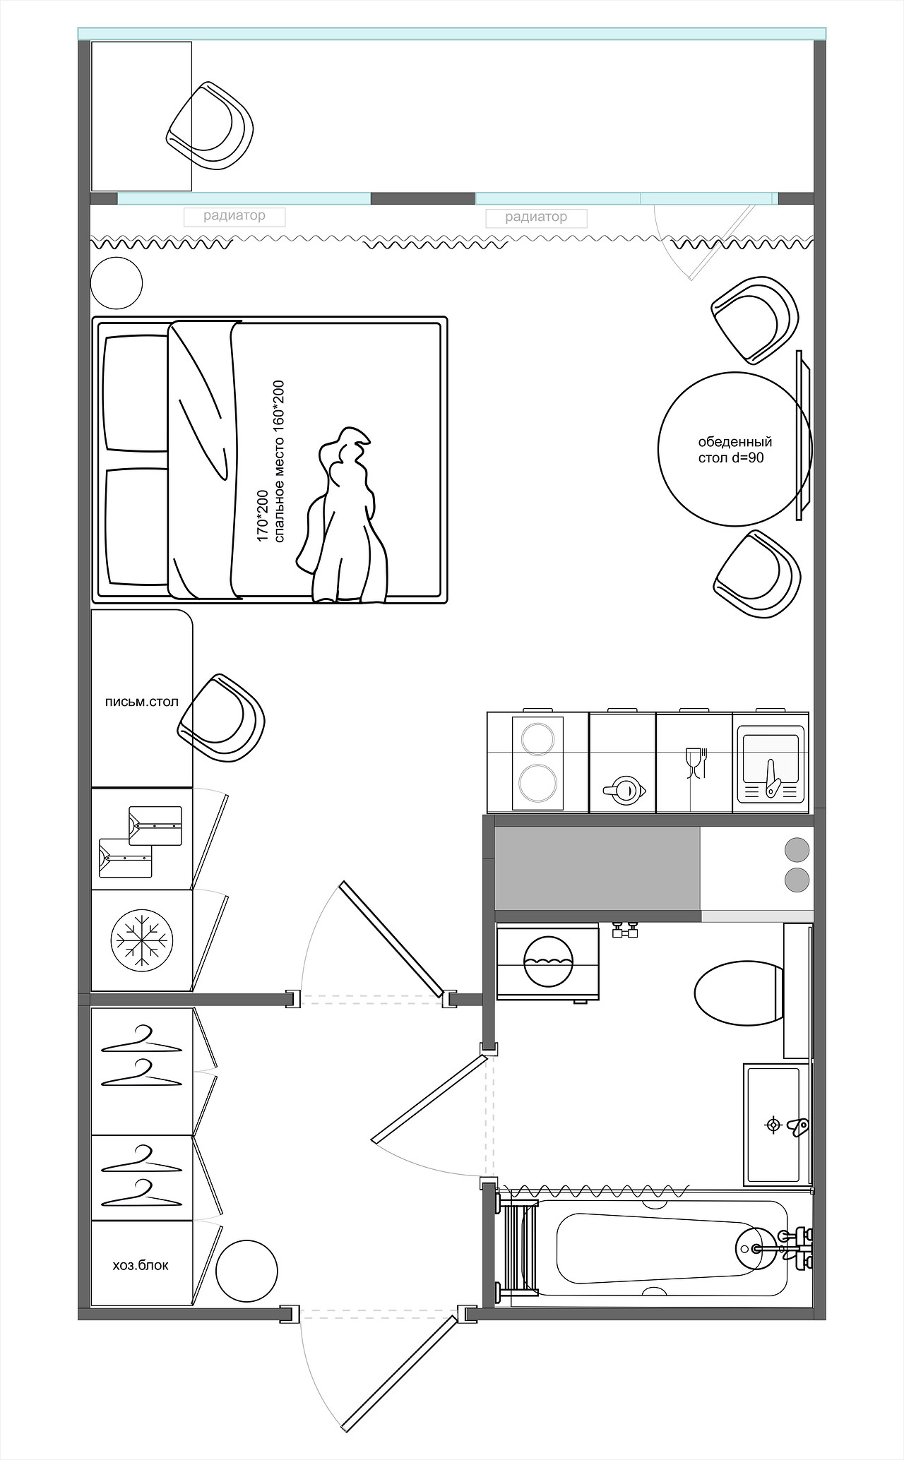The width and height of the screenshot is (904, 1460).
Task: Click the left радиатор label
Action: [x=234, y=216]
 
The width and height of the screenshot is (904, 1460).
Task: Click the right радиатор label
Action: [x=536, y=217]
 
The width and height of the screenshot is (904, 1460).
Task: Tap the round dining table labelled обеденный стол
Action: [x=734, y=449]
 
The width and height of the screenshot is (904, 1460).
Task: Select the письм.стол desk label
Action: [x=141, y=702]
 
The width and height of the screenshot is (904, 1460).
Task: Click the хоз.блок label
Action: [x=141, y=1265]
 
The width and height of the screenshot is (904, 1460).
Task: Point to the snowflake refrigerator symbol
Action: [x=142, y=941]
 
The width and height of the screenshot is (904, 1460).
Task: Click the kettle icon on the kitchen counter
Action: [x=624, y=790]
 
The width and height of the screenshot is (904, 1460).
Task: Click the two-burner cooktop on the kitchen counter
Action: [x=537, y=762]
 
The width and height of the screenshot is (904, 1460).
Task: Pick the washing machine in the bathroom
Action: [x=548, y=962]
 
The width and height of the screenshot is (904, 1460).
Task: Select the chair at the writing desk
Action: [x=221, y=718]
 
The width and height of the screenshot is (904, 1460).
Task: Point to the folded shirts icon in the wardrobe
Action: [x=141, y=841]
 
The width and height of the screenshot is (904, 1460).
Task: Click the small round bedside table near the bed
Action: [x=117, y=283]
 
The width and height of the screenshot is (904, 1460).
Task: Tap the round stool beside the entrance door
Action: [x=246, y=1271]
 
